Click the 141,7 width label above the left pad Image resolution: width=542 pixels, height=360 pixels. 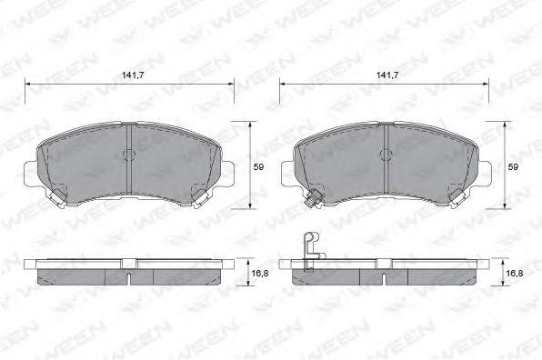pos(133,75)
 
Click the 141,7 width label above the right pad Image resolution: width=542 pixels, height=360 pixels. pos(387,75)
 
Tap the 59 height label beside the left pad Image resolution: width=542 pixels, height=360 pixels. pos(258,167)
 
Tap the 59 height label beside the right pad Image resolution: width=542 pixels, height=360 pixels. pos(513,167)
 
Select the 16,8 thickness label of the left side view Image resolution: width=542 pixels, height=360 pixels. pos(260,274)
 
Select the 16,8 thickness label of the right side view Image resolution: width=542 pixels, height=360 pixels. pos(515,274)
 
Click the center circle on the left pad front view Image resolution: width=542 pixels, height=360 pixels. pos(128,155)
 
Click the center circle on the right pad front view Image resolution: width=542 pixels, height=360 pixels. pos(386,155)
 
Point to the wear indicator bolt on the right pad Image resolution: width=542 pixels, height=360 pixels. pos(312,200)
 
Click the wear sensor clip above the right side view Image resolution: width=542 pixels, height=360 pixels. pos(312,251)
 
